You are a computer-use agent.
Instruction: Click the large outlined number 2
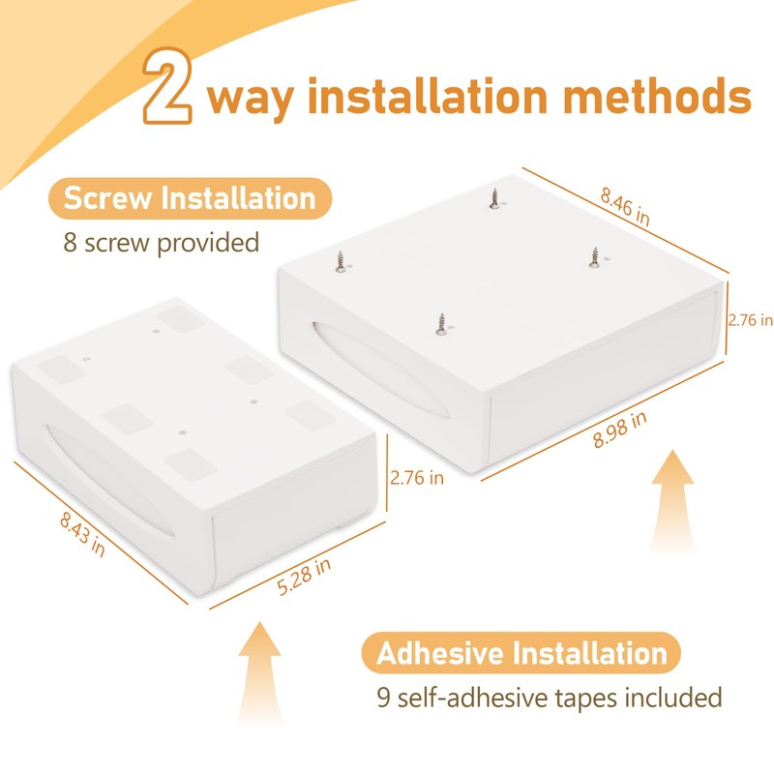click(x=167, y=85)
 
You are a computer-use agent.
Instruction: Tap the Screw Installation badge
click(x=190, y=198)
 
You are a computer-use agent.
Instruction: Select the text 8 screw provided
click(x=162, y=243)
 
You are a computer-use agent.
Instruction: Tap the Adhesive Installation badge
click(x=521, y=652)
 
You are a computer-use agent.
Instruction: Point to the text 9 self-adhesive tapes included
click(x=550, y=697)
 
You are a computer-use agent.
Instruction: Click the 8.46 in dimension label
click(x=625, y=206)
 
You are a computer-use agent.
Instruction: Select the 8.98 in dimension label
click(x=619, y=430)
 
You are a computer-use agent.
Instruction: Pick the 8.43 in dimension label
click(x=82, y=535)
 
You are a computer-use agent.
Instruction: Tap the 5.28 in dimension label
click(x=304, y=577)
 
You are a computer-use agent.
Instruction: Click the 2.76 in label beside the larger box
click(x=751, y=320)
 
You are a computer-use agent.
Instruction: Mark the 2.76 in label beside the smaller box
click(x=417, y=478)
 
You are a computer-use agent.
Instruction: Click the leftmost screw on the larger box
click(x=341, y=261)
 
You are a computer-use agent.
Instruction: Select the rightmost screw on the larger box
click(x=595, y=257)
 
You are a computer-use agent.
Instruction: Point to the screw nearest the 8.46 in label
click(x=494, y=198)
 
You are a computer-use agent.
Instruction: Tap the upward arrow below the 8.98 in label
click(x=672, y=502)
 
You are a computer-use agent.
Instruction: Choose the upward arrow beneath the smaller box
click(x=259, y=673)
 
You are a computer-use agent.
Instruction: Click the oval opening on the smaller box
click(x=109, y=480)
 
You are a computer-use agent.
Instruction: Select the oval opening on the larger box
click(x=380, y=371)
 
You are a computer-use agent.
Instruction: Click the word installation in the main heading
click(x=428, y=95)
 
